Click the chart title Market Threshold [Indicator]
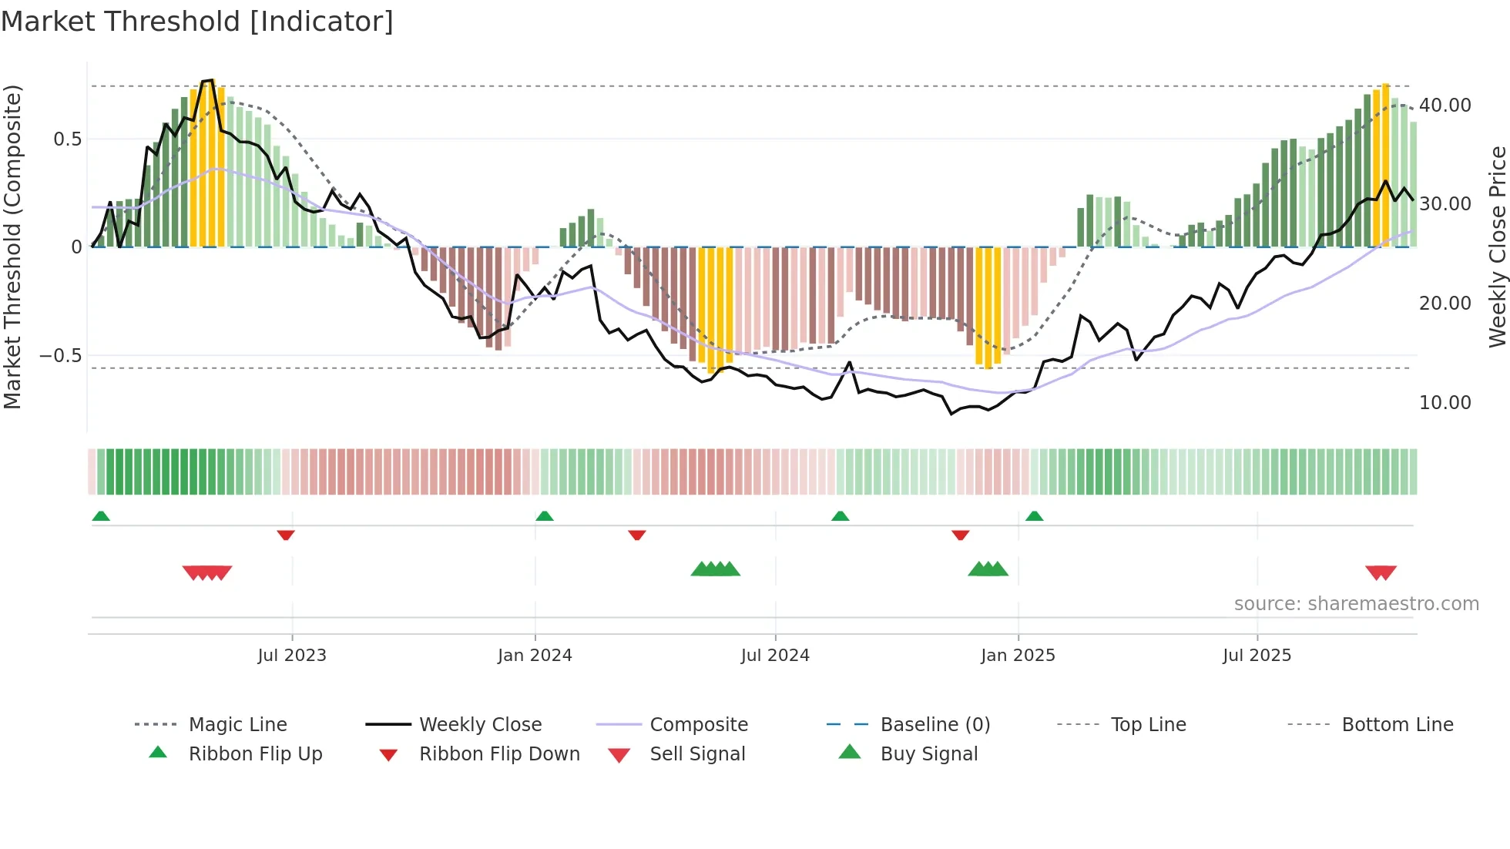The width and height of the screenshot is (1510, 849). click(x=197, y=22)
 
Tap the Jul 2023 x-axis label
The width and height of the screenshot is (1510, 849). click(x=292, y=656)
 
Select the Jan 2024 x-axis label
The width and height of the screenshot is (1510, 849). click(x=535, y=656)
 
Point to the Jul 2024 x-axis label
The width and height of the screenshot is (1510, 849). click(x=775, y=656)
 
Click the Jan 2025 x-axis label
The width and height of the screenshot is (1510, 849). click(x=1018, y=656)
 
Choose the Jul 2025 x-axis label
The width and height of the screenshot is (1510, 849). click(x=1257, y=656)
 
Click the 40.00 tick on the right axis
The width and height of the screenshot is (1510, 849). click(x=1445, y=106)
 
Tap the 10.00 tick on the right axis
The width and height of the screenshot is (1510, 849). click(x=1445, y=403)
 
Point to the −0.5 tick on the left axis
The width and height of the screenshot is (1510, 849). click(x=60, y=356)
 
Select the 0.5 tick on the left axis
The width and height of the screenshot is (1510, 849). click(x=67, y=139)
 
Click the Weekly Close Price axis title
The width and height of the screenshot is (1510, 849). click(x=1497, y=247)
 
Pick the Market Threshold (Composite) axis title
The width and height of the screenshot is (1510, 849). click(x=12, y=247)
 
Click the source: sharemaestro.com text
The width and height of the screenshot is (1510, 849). click(x=1356, y=604)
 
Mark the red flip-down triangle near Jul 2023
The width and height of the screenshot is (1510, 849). click(x=286, y=535)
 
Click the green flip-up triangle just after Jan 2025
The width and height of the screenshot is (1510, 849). click(x=1035, y=516)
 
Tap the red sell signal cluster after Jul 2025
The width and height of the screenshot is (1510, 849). click(x=1381, y=572)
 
